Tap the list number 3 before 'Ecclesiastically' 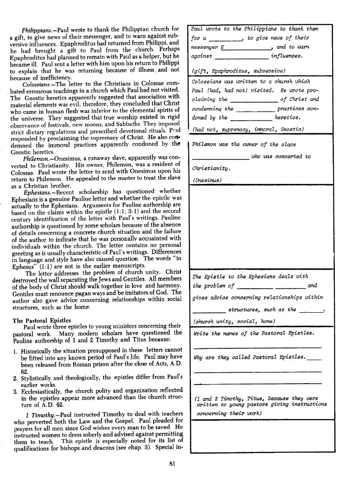15,391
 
